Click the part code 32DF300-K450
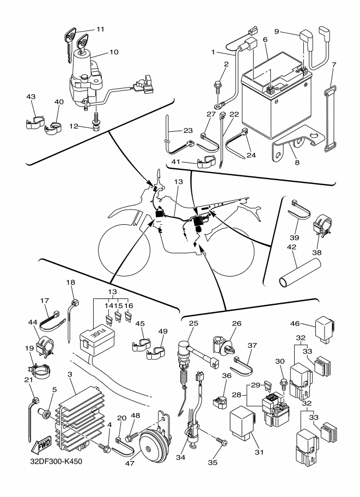click(56, 461)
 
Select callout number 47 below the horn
click(130, 463)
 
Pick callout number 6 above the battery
click(265, 40)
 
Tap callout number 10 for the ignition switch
click(114, 52)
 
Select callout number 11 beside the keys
click(100, 29)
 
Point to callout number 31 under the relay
click(259, 452)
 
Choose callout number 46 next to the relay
click(295, 323)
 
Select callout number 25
click(193, 323)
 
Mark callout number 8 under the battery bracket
click(297, 163)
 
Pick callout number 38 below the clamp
click(317, 253)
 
